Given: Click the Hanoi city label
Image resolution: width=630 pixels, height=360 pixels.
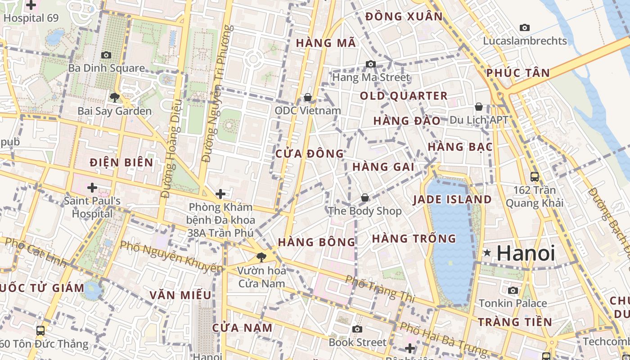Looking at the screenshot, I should coord(526,253).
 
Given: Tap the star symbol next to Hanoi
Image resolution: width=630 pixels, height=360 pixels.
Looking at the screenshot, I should coord(487,253).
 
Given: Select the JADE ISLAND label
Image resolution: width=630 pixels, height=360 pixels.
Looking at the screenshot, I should coord(452,199).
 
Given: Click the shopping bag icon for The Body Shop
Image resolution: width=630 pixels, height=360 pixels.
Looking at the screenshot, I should coord(365,198).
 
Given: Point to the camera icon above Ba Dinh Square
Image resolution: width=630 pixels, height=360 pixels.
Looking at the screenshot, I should coord(106,55).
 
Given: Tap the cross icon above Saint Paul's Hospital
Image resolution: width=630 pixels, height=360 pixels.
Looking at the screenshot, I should coord(92,187).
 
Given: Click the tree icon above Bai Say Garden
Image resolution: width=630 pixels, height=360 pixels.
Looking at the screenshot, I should coord(114,97).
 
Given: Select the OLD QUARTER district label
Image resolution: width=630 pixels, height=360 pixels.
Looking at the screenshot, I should coord(404,96).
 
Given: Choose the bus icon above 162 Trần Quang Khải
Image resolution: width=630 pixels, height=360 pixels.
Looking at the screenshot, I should coord(534,176).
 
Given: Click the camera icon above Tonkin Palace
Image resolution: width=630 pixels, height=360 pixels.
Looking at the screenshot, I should coord(513,290).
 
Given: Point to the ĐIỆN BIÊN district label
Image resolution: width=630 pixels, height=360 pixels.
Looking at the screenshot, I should coord(121,162).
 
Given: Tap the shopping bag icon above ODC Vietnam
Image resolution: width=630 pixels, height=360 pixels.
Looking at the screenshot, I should coord(308,97).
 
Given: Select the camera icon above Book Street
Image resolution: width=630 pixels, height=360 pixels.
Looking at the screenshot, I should coord(357,329).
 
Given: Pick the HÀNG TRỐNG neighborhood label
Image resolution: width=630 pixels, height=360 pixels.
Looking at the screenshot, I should coord(414,238).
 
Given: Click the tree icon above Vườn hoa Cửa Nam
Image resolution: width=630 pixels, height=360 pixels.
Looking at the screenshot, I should coord(261,257).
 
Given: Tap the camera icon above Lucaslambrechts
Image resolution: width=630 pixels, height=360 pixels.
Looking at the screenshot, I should coord(525,27).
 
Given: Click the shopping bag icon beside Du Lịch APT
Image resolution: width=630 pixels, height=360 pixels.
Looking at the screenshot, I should coord(479,107).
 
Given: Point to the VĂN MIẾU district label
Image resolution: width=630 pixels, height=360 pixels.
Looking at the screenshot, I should coord(180,295).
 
